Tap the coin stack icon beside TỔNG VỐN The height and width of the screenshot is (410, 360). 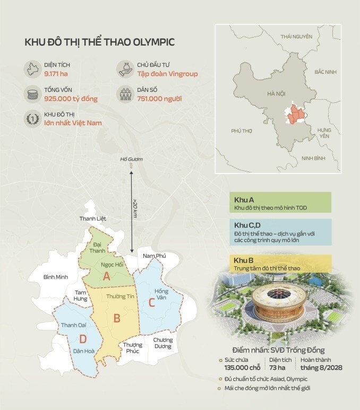pyautogui.click(x=33, y=95)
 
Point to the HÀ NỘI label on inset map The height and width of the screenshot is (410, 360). pyautogui.click(x=276, y=94)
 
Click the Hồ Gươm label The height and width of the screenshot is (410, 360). pyautogui.click(x=132, y=159)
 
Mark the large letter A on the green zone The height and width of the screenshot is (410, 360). pyautogui.click(x=106, y=276)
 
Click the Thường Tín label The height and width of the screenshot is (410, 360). pyautogui.click(x=117, y=296)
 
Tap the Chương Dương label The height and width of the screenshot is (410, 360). pyautogui.click(x=162, y=343)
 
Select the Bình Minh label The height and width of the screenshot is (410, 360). pyautogui.click(x=56, y=277)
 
